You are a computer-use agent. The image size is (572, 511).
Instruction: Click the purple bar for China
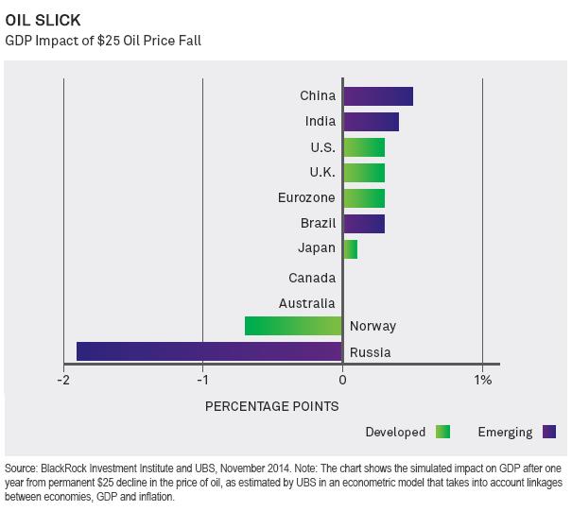point(377,96)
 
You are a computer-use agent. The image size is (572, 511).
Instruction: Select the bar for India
point(371,122)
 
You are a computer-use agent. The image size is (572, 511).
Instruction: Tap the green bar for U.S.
point(363,147)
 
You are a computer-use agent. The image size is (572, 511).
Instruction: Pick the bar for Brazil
point(363,224)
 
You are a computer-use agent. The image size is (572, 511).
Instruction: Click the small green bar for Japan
point(350,249)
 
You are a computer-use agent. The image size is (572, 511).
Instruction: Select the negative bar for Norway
point(293,326)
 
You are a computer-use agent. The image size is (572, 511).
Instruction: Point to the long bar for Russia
point(209,351)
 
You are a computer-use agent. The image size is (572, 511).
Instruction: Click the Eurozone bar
point(363,198)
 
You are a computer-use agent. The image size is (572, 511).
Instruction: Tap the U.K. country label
point(321,173)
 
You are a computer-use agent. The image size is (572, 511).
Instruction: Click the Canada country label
point(313,278)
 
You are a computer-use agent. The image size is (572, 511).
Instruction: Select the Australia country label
point(307,303)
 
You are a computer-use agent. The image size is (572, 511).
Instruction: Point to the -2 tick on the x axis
point(63,381)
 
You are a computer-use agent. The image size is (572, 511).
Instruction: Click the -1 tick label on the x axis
point(202,381)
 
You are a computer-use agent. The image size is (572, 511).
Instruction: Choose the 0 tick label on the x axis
point(342,381)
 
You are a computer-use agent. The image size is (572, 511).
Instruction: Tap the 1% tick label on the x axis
point(482,381)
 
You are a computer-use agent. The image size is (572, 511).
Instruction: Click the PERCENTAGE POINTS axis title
point(272,406)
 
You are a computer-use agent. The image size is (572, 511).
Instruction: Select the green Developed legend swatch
point(442,433)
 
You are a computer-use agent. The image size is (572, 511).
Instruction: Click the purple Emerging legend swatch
point(548,433)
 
